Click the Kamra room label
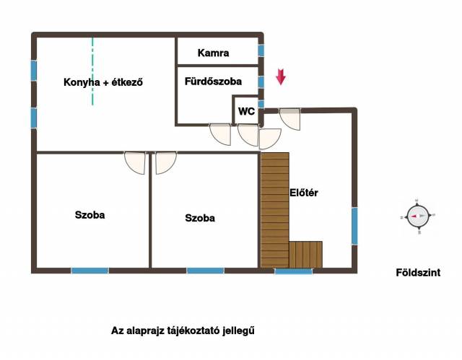pos(214,53)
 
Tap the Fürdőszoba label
pos(214,82)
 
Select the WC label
pos(246,111)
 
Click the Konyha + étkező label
pos(103,82)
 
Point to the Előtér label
pos(304,193)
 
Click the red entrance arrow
pos(281,76)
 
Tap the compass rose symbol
pos(418,216)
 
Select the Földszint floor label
pos(418,273)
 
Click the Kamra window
pos(261,51)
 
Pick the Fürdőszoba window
pos(261,82)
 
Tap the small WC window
pos(261,104)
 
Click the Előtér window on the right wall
pos(354,226)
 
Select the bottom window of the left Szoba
pos(90,271)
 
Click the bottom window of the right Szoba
pos(205,271)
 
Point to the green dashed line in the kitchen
pos(92,71)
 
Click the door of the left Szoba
pos(135,162)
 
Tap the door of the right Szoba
pos(166,162)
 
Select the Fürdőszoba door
pos(220,134)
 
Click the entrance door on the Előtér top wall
pos(290,119)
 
